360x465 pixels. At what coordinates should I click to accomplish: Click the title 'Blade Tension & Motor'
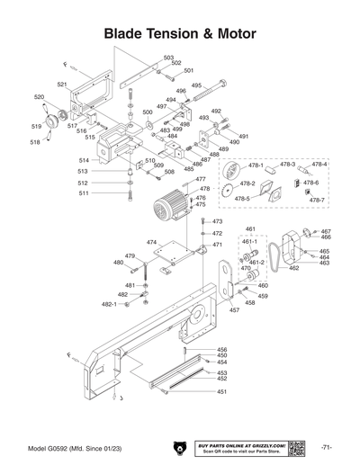180,33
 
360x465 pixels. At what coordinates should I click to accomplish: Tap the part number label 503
168,58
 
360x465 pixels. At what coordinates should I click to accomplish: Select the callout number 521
62,84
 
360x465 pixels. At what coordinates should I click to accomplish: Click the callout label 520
40,96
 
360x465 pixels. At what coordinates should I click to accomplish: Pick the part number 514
83,160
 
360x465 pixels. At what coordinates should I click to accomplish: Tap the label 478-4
319,165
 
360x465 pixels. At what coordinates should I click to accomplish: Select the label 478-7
316,200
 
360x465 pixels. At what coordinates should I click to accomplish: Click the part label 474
151,243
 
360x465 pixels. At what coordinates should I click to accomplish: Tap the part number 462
294,268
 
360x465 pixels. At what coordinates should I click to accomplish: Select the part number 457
234,310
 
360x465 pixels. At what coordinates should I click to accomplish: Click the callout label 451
221,392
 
